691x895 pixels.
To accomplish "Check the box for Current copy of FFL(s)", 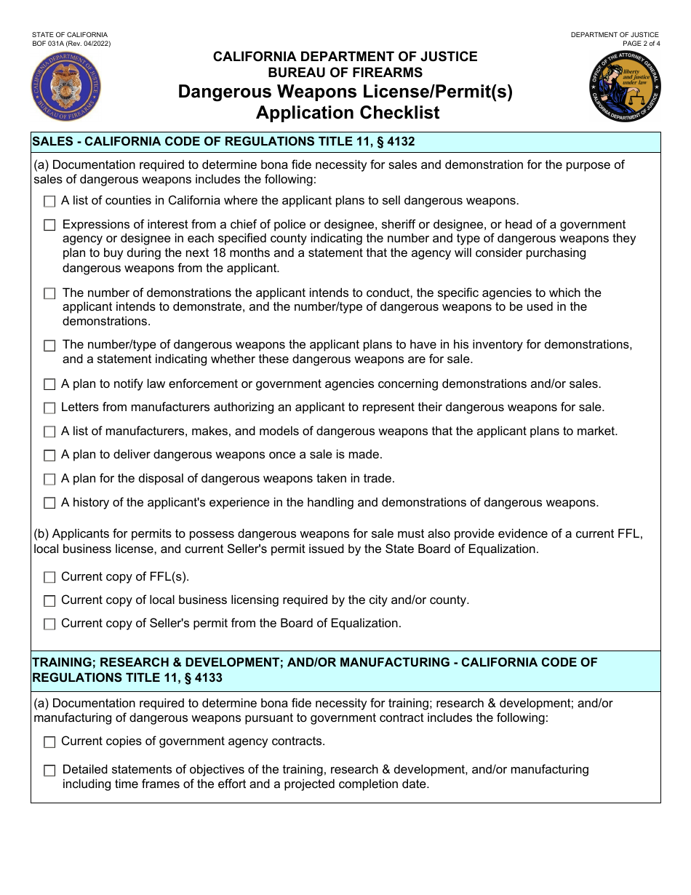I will [x=49, y=577].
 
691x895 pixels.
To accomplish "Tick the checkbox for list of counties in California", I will [x=49, y=201].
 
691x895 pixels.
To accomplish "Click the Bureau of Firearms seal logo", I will [x=66, y=87].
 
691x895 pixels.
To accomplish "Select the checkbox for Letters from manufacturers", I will [x=49, y=408].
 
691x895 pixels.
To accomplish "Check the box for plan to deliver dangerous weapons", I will [x=49, y=456].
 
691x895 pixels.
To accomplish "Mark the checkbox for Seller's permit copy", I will [x=49, y=624].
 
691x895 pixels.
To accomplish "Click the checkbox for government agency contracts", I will [x=49, y=742].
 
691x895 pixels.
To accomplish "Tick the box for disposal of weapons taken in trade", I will [x=49, y=480].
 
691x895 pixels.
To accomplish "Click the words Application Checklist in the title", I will [x=348, y=113].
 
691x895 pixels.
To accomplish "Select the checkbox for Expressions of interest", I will [x=49, y=226].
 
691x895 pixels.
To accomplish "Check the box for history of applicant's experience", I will [x=49, y=503].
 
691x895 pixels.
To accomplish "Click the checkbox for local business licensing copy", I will [x=49, y=601].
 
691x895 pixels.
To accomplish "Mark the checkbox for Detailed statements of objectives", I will [x=49, y=771].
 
